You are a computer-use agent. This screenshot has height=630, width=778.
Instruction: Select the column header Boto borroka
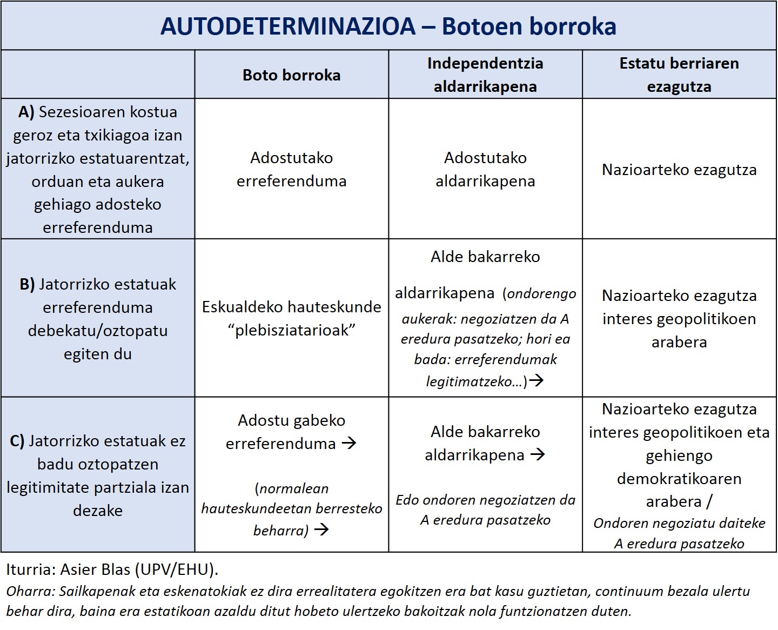click(291, 75)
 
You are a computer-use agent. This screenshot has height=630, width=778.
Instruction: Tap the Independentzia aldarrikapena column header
click(485, 75)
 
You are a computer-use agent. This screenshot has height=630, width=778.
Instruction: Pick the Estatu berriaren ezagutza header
click(679, 75)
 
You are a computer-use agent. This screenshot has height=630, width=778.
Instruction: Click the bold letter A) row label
click(26, 112)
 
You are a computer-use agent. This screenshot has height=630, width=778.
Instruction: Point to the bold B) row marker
click(27, 284)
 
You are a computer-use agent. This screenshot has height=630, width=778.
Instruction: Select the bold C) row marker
click(17, 441)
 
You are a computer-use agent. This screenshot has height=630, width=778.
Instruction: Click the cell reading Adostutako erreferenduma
click(291, 169)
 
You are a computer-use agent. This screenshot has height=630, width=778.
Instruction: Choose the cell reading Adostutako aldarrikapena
click(485, 169)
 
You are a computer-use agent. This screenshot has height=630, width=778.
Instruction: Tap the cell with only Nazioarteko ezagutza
click(679, 170)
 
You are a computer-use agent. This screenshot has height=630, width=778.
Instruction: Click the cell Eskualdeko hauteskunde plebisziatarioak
click(291, 318)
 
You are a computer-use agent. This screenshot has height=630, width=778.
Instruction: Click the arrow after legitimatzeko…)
click(536, 381)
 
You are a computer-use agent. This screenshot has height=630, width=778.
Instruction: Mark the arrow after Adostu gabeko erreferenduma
click(349, 444)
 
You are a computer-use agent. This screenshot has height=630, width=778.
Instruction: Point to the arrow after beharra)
click(321, 530)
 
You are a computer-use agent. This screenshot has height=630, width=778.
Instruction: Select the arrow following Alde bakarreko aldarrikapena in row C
click(538, 455)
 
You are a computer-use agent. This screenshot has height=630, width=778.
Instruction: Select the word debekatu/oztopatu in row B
click(98, 331)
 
